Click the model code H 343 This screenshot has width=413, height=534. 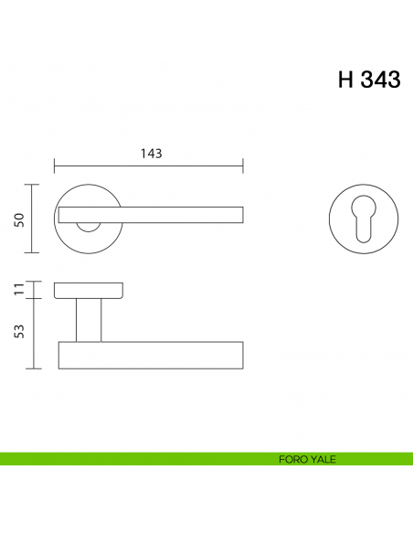[368, 80]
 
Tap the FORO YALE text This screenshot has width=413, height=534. [308, 459]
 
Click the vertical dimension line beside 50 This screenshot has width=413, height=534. [34, 219]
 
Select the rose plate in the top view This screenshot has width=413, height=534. [89, 291]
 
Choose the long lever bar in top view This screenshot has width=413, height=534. [151, 355]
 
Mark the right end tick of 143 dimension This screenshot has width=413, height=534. [243, 166]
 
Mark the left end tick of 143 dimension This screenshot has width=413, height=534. [55, 166]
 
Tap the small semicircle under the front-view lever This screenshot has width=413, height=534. [89, 226]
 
